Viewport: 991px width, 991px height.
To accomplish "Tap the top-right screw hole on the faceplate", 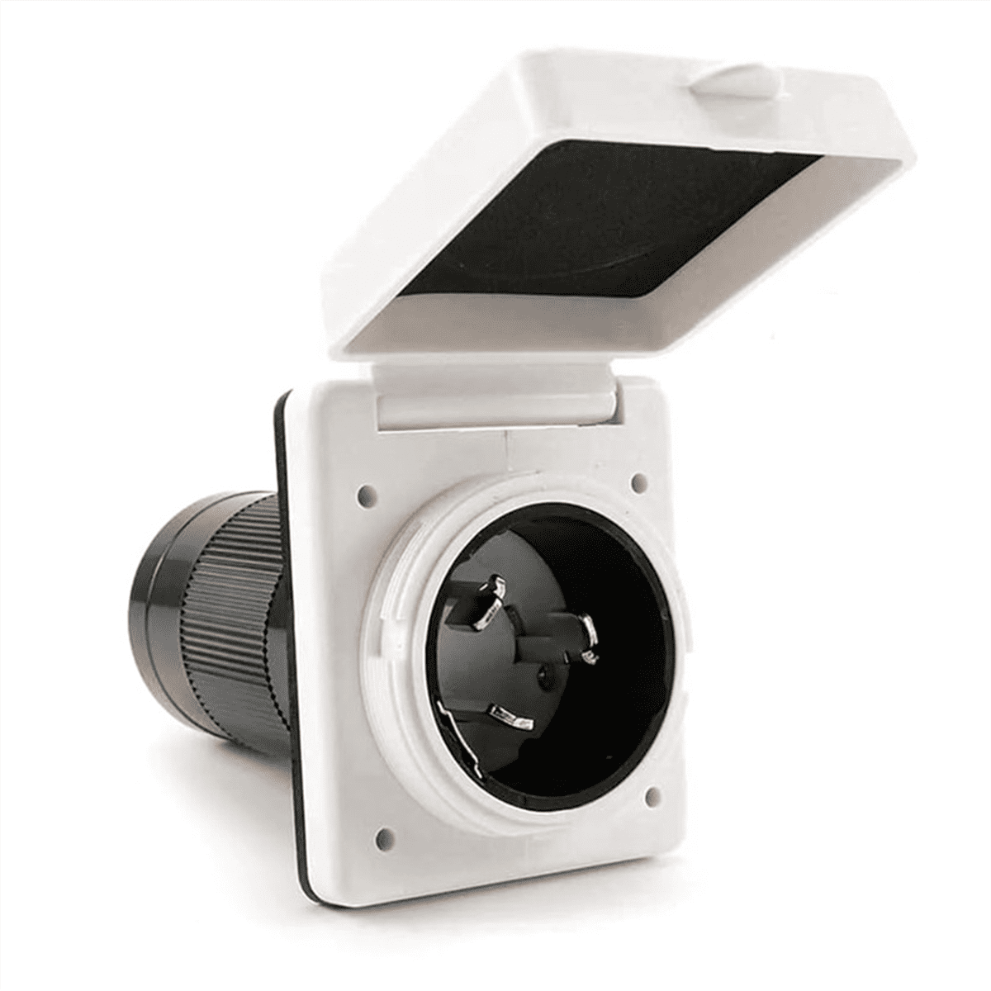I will [637, 479].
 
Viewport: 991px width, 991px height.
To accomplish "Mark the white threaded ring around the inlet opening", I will [396, 578].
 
